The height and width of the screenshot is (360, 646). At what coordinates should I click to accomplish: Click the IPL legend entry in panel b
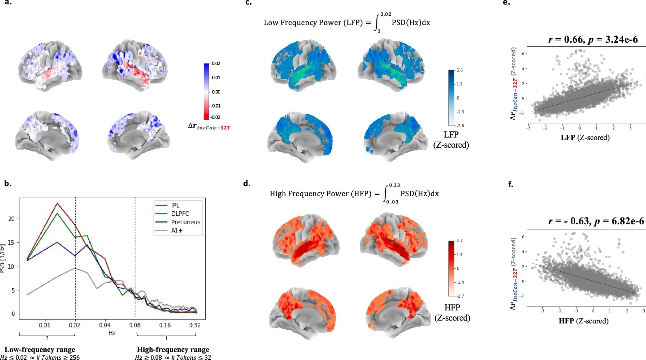[175, 205]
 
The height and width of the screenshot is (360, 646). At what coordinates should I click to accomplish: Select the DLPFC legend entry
[180, 214]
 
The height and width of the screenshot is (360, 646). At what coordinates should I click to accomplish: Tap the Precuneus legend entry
[185, 222]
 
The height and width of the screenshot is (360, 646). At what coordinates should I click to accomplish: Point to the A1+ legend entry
[177, 231]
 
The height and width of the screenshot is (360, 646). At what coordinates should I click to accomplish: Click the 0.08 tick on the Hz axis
[135, 325]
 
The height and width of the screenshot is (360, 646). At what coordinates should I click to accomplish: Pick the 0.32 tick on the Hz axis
[195, 325]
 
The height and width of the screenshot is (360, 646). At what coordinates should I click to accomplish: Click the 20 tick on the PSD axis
[12, 218]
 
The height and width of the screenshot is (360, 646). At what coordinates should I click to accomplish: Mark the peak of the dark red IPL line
[57, 203]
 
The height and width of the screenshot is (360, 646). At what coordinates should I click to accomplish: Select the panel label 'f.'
[511, 185]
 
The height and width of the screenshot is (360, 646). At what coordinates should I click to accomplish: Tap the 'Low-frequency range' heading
[40, 350]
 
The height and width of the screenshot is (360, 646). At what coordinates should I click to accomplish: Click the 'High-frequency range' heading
[173, 350]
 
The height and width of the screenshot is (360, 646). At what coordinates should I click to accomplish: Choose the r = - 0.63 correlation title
[596, 221]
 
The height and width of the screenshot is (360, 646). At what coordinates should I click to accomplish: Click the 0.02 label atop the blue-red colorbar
[216, 63]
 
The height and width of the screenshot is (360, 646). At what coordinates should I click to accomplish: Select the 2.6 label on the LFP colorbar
[460, 70]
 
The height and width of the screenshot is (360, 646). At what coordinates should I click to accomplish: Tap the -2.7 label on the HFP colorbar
[460, 296]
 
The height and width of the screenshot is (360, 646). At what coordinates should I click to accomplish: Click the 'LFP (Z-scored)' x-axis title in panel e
[585, 137]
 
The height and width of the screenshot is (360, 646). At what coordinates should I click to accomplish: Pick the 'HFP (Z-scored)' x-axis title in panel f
[583, 321]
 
